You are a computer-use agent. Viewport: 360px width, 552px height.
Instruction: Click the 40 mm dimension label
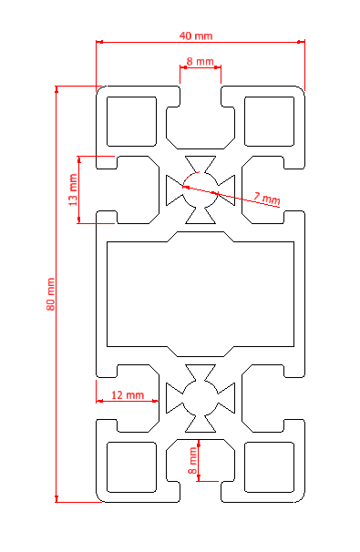point(196,36)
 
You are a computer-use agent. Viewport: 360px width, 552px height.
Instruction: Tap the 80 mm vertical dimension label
point(51,294)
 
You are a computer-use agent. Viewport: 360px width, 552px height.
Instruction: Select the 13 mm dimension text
point(73,189)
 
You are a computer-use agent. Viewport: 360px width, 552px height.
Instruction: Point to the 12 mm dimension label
point(128,395)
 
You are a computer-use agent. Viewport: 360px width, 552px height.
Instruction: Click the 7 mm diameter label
point(267,199)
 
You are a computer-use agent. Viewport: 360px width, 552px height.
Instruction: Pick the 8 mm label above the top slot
point(201,62)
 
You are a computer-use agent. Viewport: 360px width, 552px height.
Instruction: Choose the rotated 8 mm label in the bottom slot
point(192,461)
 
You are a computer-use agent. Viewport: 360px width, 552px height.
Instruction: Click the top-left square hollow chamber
point(131,121)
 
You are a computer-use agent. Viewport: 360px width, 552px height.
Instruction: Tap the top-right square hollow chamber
point(269,121)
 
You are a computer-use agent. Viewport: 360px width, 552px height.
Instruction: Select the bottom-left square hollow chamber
point(131,466)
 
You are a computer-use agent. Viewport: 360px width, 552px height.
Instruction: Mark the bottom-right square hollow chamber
point(269,466)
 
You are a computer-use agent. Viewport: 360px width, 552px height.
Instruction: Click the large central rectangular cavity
point(201,294)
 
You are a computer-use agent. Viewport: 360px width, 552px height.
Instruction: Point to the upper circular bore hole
point(201,189)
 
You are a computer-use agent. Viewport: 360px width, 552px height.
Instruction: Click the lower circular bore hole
point(201,398)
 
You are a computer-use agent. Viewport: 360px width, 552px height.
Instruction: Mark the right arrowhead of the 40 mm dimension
point(301,42)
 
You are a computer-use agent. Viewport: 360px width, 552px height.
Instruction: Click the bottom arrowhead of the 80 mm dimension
point(57,498)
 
